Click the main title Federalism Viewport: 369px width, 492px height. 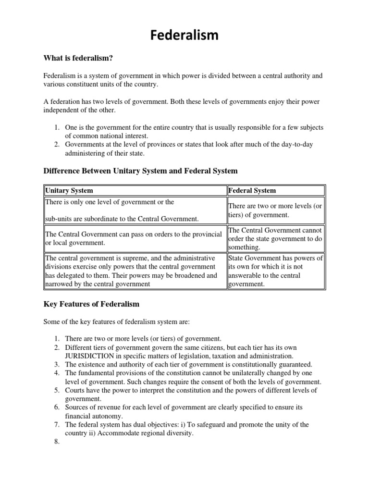184,35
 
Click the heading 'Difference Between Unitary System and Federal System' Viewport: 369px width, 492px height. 140,171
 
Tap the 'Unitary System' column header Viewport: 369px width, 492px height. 69,190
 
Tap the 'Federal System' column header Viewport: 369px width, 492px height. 252,190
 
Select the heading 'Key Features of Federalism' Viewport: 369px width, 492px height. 91,304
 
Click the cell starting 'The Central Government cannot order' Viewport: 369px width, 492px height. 276,239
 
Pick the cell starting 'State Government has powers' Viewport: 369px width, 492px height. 276,271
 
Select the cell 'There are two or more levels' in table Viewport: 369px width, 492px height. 276,210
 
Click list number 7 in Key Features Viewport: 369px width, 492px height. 57,425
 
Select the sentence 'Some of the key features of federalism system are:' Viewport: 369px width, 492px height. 117,321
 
